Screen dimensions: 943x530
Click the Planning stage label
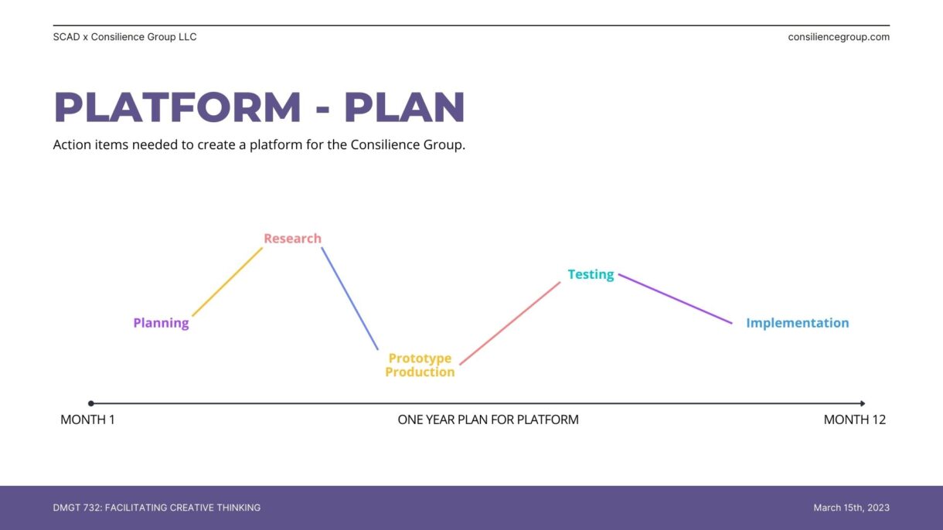point(162,323)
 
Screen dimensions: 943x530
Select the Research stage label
point(293,239)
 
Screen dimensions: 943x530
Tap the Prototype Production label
point(420,365)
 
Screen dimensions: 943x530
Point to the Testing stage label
point(591,275)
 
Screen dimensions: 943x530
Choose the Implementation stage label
point(798,323)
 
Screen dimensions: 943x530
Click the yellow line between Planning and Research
point(227,282)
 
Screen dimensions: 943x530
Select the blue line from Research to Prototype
point(349,298)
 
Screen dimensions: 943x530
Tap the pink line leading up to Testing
point(510,324)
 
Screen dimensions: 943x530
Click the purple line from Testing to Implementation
point(676,299)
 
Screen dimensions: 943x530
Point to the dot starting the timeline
point(91,403)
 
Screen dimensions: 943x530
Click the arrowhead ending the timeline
point(863,403)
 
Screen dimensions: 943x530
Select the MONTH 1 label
point(87,420)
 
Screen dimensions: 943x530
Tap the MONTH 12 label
point(855,420)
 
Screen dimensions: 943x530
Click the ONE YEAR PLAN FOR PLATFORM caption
point(488,420)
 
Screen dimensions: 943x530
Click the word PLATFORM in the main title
point(177,107)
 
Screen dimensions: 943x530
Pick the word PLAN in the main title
point(404,107)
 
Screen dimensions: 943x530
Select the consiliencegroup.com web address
point(839,37)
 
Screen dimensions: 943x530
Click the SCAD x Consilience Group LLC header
point(124,37)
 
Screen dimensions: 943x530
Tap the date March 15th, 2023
point(851,508)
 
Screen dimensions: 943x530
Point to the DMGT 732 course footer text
point(157,508)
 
